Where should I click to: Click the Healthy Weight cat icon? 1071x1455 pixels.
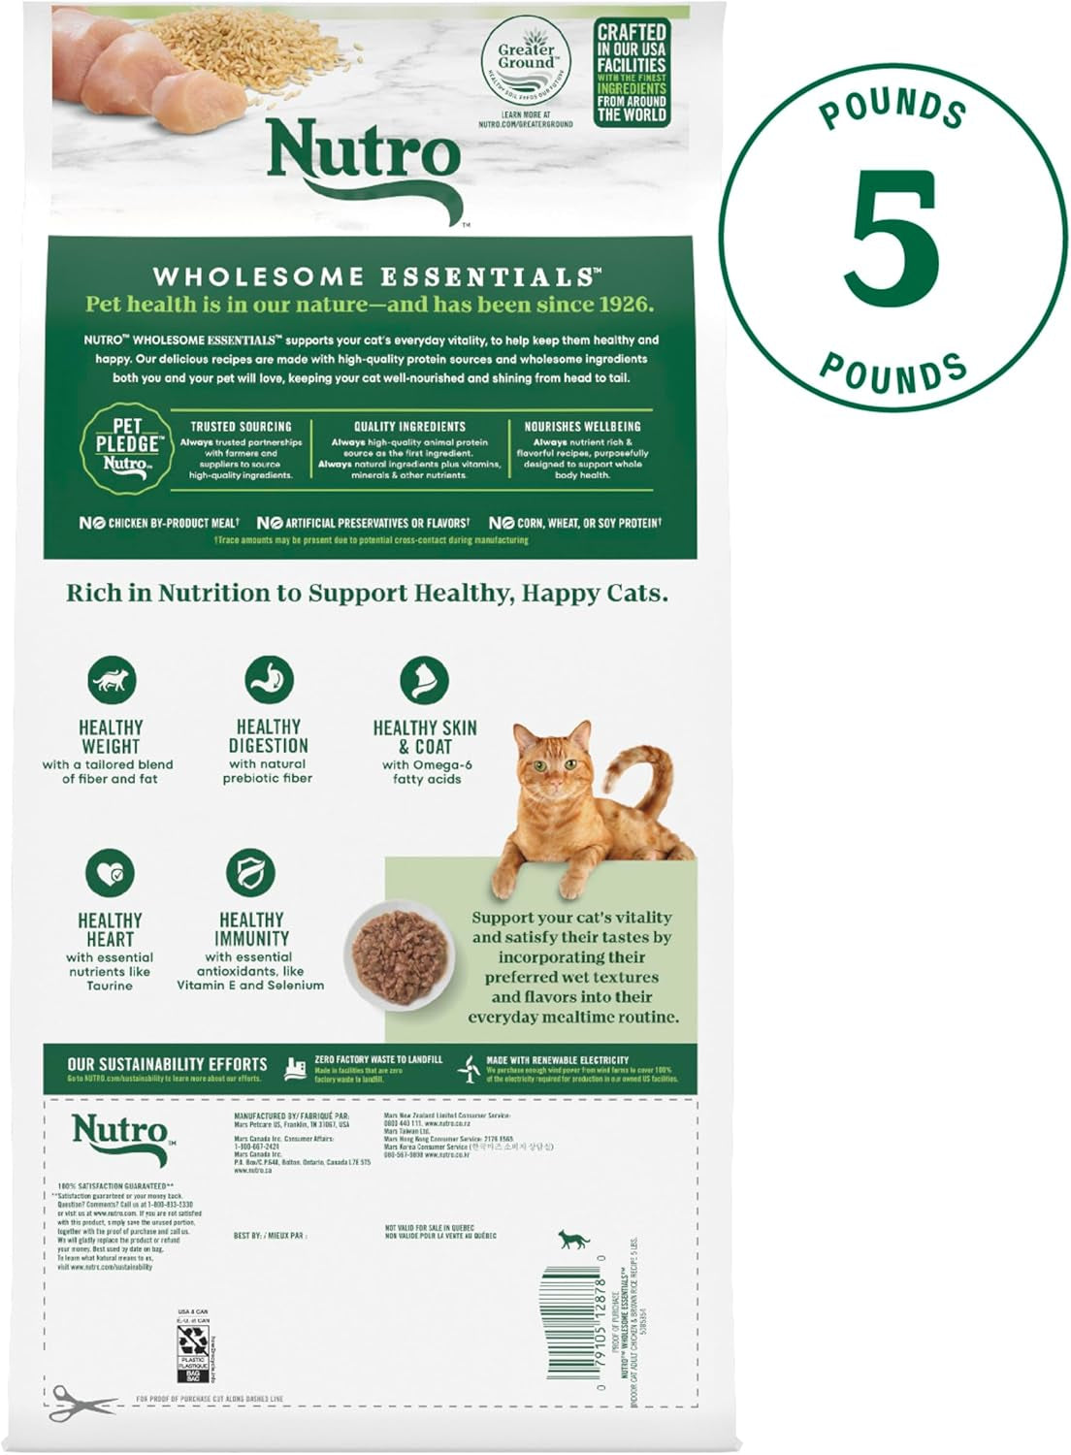click(112, 681)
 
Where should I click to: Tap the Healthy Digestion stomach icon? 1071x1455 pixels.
click(269, 680)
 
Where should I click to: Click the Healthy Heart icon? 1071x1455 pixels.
click(110, 873)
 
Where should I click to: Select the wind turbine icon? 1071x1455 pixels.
click(471, 1069)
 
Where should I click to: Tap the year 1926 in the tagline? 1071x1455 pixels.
click(619, 304)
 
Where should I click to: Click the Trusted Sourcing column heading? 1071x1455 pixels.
click(241, 426)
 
